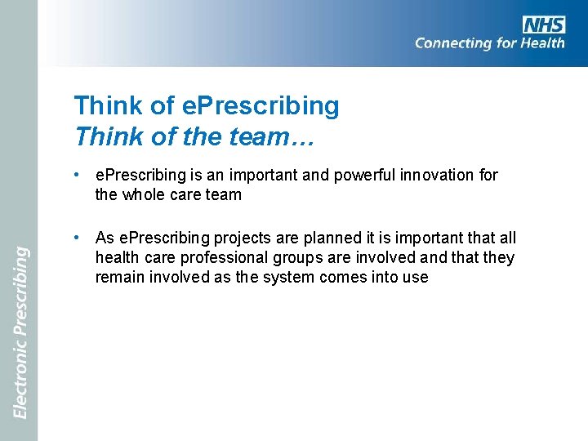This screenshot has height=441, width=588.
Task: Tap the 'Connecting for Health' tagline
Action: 489,43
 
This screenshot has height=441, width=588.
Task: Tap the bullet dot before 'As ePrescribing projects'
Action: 75,238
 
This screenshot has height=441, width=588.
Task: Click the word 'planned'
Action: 315,238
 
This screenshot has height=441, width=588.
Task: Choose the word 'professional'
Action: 205,257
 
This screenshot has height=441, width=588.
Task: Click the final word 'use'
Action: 416,277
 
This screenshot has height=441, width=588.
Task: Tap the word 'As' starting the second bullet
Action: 105,238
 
